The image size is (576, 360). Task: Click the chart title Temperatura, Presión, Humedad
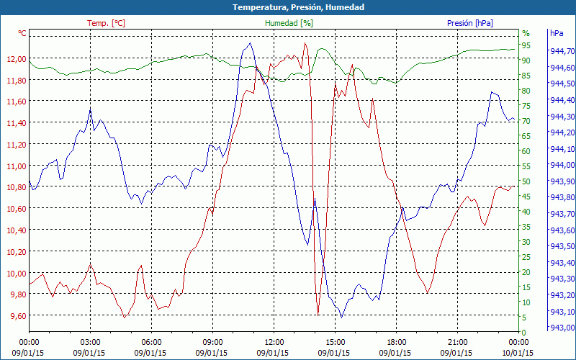click(x=288, y=7)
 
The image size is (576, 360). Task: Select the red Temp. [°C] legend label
click(x=106, y=23)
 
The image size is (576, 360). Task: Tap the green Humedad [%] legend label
click(x=289, y=23)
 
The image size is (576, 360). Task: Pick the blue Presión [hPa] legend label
click(x=470, y=23)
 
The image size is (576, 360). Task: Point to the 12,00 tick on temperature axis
click(x=15, y=59)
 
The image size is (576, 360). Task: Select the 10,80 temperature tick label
click(x=15, y=187)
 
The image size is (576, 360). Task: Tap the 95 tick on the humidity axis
click(x=526, y=45)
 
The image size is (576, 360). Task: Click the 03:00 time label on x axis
click(x=90, y=342)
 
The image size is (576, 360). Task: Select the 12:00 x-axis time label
click(x=274, y=342)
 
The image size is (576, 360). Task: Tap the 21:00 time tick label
click(x=457, y=342)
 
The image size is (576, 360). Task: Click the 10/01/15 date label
click(x=518, y=353)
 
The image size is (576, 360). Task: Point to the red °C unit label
click(x=22, y=33)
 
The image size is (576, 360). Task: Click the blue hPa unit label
click(x=557, y=33)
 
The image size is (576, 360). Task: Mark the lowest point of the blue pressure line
click(x=341, y=317)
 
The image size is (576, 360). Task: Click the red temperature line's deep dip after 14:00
click(x=318, y=315)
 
